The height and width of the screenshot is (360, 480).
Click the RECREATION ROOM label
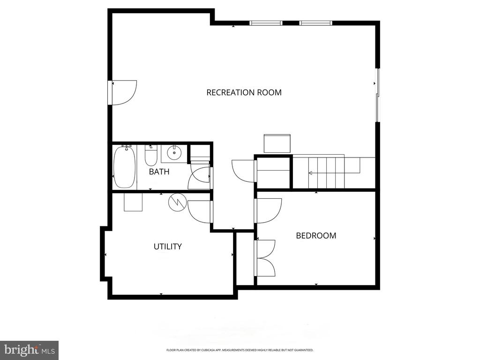(244, 92)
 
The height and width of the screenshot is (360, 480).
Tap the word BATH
(159, 172)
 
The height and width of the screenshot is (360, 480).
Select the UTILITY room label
(168, 246)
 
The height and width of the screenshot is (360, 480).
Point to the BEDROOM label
(316, 235)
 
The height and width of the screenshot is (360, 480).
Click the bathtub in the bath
(124, 167)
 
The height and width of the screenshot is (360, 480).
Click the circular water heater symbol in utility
(177, 202)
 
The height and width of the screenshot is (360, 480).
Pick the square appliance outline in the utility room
(133, 202)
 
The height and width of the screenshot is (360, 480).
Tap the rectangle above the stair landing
(277, 143)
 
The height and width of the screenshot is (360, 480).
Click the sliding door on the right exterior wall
(377, 96)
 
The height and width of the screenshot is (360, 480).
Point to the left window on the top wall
(266, 22)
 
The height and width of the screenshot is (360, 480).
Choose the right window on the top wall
(316, 22)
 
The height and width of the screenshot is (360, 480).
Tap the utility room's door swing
(200, 211)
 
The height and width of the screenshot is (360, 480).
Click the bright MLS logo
(29, 350)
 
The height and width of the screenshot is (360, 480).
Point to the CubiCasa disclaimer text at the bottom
(240, 350)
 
